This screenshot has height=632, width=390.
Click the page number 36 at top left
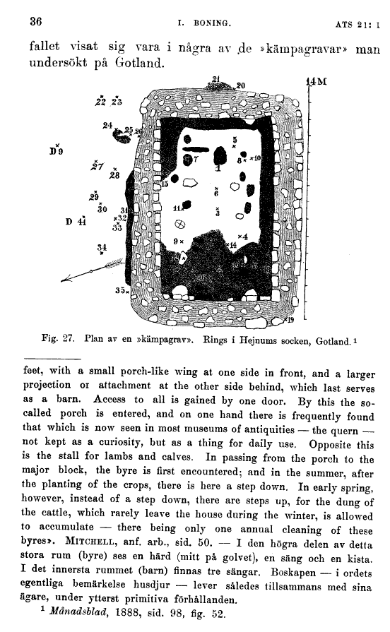tap(36, 20)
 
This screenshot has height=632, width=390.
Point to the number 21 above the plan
tap(216, 78)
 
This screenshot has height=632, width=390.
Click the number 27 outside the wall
tap(97, 167)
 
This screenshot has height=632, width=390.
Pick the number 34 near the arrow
tap(102, 247)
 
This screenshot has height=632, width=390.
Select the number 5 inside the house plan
tap(235, 141)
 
